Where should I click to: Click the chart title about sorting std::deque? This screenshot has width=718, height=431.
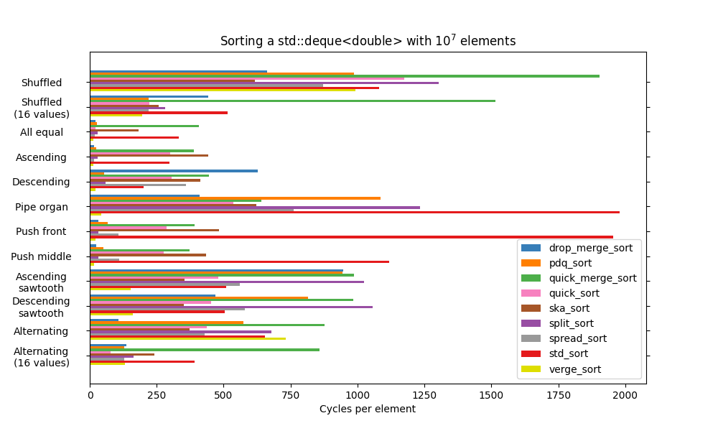coord(368,41)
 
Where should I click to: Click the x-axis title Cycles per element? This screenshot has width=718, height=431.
coord(368,409)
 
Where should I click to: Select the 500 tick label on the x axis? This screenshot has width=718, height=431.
coord(224,394)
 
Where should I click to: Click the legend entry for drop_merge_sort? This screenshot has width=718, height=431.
coord(590,248)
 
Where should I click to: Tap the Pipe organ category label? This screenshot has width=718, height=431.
coord(42,207)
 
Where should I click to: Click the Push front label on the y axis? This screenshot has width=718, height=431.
coord(41,231)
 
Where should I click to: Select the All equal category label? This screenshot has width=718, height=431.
coord(42,132)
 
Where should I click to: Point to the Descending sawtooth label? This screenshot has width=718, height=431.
coord(41,307)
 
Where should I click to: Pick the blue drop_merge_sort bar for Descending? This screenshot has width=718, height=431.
coord(174,171)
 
